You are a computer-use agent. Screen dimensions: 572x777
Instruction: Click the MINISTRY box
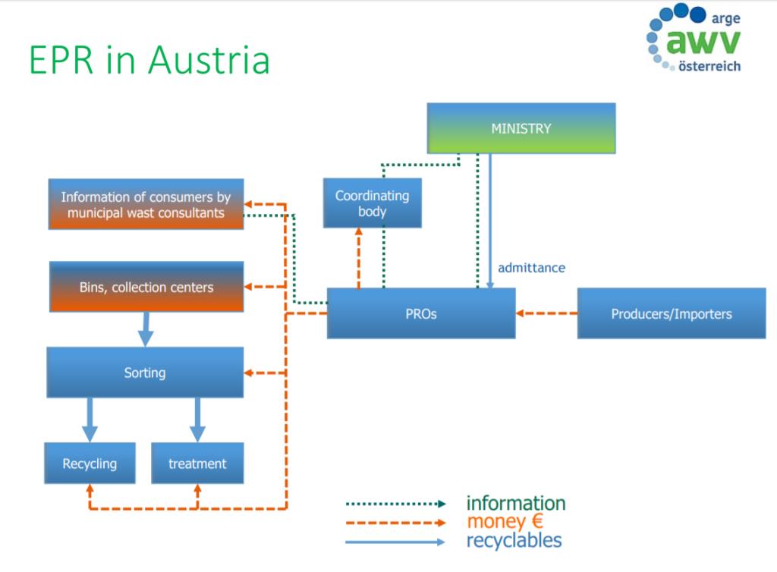[x=521, y=128]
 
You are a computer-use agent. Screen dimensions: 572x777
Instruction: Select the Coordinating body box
[x=372, y=203]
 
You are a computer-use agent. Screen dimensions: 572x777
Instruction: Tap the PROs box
[x=421, y=313]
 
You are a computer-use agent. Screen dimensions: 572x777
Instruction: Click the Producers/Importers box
[x=672, y=313]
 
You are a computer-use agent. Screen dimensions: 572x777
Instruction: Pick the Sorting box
[x=145, y=372]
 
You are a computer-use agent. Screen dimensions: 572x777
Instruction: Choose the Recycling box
[x=90, y=463]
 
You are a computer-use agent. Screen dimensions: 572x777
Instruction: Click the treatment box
[x=197, y=463]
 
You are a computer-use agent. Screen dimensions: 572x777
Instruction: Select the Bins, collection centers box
[x=146, y=287]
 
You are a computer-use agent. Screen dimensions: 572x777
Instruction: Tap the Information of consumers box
[x=146, y=205]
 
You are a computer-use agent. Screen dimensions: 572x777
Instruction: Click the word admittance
[x=531, y=267]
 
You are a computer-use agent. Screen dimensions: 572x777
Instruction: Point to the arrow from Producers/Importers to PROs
[x=546, y=313]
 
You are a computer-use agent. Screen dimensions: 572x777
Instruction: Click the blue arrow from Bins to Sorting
[x=145, y=329]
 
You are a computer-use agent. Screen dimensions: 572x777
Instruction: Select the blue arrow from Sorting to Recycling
[x=90, y=420]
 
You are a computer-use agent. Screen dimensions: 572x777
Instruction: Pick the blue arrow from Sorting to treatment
[x=197, y=420]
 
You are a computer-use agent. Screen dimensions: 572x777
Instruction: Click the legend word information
[x=515, y=503]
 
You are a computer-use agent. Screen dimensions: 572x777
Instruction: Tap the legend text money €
[x=505, y=522]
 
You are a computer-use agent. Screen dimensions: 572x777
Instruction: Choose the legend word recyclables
[x=514, y=540]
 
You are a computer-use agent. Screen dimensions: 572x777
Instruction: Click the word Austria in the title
[x=208, y=59]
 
